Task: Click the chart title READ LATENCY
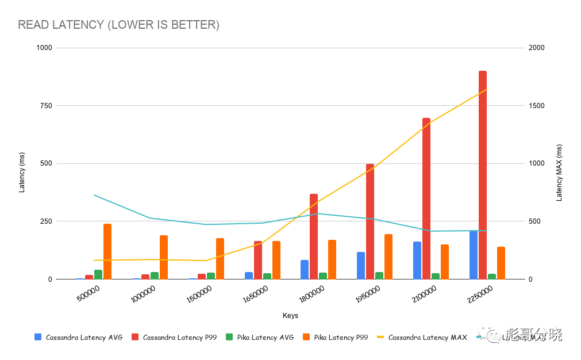click(x=118, y=25)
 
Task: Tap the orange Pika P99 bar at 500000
click(x=107, y=251)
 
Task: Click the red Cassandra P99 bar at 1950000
click(x=370, y=221)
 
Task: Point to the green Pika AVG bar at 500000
click(x=98, y=274)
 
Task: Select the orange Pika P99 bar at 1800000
click(x=332, y=259)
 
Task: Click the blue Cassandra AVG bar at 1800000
click(x=305, y=270)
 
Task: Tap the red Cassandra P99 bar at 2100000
click(x=426, y=198)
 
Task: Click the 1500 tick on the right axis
click(x=537, y=106)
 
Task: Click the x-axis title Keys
click(x=290, y=316)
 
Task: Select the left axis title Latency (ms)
click(x=22, y=175)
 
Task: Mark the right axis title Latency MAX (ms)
click(x=559, y=173)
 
